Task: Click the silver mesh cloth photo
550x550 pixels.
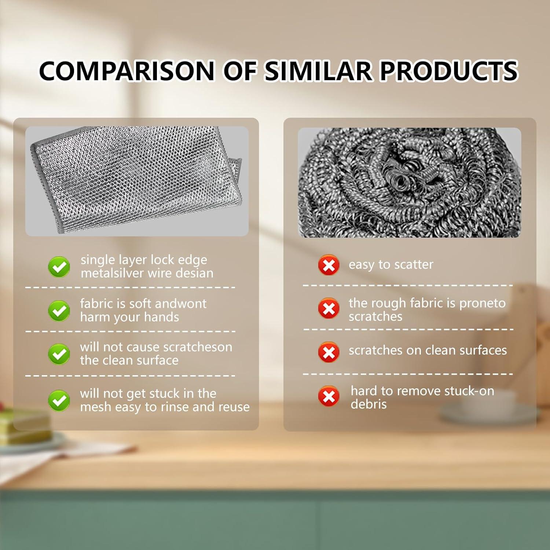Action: click(137, 181)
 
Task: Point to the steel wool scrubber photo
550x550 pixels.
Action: click(410, 182)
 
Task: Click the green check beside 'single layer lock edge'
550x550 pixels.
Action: click(59, 267)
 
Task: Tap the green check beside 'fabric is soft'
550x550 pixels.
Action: click(59, 311)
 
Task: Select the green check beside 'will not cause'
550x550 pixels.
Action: click(59, 354)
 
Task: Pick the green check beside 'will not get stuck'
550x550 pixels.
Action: click(59, 400)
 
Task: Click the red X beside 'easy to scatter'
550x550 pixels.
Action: click(329, 265)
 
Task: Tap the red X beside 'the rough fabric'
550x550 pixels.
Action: click(329, 308)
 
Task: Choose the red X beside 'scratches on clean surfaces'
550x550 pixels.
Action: click(329, 352)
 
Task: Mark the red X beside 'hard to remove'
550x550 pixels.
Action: click(329, 396)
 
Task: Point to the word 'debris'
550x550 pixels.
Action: click(368, 404)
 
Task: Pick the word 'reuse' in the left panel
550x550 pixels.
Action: click(234, 407)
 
